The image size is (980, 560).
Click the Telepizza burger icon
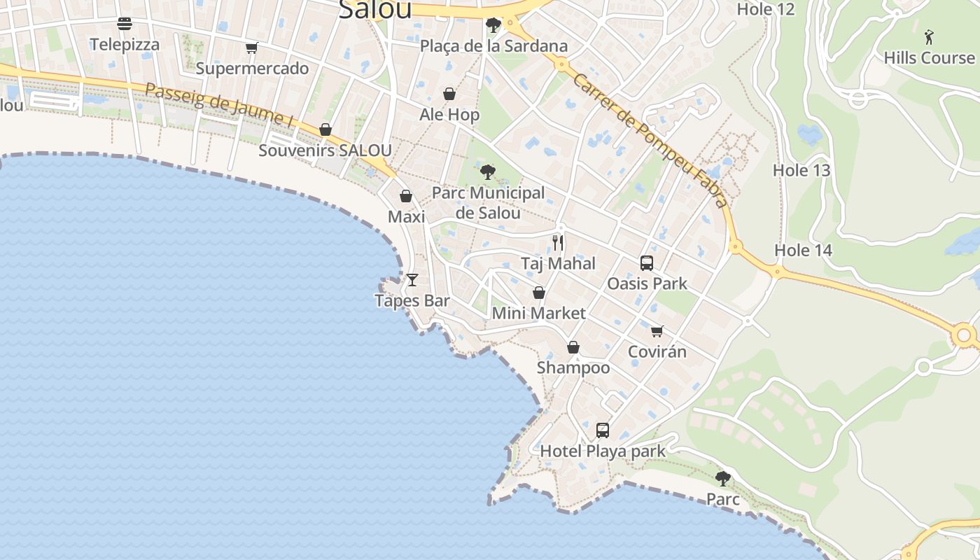tap(125, 24)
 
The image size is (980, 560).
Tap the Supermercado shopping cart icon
tap(252, 48)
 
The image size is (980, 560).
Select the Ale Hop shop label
tap(449, 115)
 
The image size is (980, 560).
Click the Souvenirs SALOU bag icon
tap(325, 129)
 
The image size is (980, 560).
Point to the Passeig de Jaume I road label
tap(219, 105)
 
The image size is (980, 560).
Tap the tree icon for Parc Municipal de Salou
tap(488, 171)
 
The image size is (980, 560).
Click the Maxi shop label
tap(406, 217)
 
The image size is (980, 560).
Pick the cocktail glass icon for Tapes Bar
tap(412, 280)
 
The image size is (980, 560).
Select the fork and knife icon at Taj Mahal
tap(558, 243)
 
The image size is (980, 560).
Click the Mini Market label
tap(538, 313)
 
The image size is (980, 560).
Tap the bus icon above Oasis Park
tap(647, 263)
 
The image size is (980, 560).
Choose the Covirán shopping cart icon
tap(657, 331)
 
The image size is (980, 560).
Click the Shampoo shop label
tap(573, 367)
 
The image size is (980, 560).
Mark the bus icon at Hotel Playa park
tap(603, 430)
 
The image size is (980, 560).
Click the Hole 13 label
tap(801, 170)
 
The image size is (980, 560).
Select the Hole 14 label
tap(803, 251)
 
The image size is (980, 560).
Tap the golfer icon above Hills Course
tap(929, 36)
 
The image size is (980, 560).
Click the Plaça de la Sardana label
tap(493, 46)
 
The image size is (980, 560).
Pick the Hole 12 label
tap(766, 9)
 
